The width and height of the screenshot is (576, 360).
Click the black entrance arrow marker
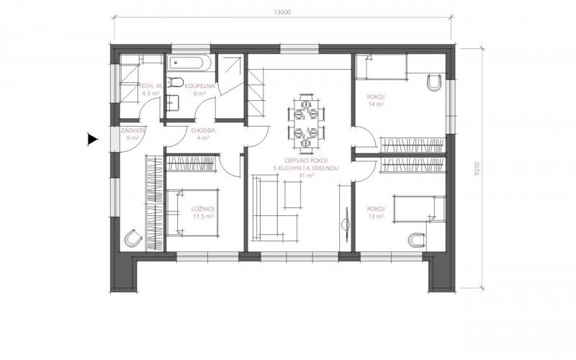pos(93,139)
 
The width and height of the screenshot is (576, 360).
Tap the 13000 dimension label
pos(282,12)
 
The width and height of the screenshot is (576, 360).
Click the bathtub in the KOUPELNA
pos(189,63)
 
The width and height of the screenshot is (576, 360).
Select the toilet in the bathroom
pos(174,82)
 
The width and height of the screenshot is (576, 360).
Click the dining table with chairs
pos(306,122)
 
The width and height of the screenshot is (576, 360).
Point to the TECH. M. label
pos(150,86)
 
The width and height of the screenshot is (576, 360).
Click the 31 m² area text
pos(307,176)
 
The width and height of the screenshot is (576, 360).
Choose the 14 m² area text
pos(376,104)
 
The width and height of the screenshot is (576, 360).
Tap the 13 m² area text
pos(376,217)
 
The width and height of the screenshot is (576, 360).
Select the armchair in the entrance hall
pos(132,238)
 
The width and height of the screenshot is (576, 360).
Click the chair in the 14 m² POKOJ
pos(436,83)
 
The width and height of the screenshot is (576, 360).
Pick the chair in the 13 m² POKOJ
pos(417,240)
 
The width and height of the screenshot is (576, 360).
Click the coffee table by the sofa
pos(293,194)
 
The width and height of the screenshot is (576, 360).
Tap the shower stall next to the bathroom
pos(230,69)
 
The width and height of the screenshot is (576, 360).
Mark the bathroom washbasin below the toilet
pos(173,103)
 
